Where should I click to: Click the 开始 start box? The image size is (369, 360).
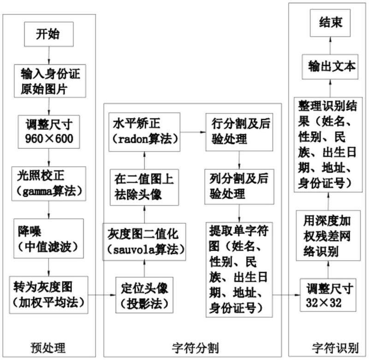(49, 34)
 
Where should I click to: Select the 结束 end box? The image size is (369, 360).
(330, 23)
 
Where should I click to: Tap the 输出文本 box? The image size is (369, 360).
(330, 67)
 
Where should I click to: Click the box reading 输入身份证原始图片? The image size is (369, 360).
(50, 81)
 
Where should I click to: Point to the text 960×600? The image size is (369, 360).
(49, 138)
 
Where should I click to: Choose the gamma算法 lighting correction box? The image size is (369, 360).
(49, 184)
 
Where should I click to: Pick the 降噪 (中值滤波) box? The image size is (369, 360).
(48, 239)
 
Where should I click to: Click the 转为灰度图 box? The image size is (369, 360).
(48, 295)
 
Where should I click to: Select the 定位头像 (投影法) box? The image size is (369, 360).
(144, 295)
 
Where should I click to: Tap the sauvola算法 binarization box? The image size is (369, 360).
(144, 242)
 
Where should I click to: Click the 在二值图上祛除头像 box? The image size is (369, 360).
(144, 187)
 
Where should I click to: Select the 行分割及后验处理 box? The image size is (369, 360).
(239, 132)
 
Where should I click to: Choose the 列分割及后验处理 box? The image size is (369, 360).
(239, 187)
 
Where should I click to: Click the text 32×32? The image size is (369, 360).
(323, 303)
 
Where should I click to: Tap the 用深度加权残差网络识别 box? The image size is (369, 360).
(328, 235)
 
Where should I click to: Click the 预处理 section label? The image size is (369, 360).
(48, 348)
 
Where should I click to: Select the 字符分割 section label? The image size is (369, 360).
(195, 348)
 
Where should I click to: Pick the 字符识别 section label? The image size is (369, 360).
(335, 348)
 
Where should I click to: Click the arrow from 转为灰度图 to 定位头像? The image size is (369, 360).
(102, 295)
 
